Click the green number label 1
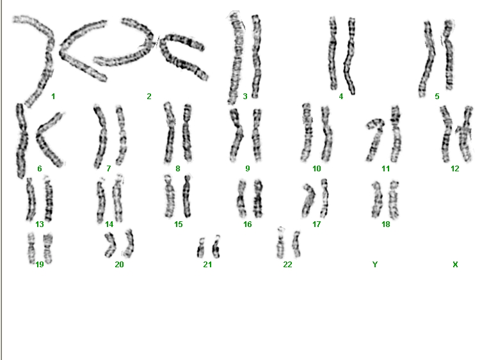point(53,97)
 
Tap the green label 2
point(149,97)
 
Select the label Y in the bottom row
point(375,264)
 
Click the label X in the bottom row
point(455,264)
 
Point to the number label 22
point(287,264)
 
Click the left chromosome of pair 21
point(200,248)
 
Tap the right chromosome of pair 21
point(216,247)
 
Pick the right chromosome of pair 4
point(350,56)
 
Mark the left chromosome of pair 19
point(31,248)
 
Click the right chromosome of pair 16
point(258,198)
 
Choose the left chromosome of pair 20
point(110,246)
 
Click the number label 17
point(317,224)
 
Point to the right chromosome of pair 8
point(187,133)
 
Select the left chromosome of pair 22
point(280,244)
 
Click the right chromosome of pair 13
point(49,199)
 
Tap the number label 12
point(455,169)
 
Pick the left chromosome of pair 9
point(237,135)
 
